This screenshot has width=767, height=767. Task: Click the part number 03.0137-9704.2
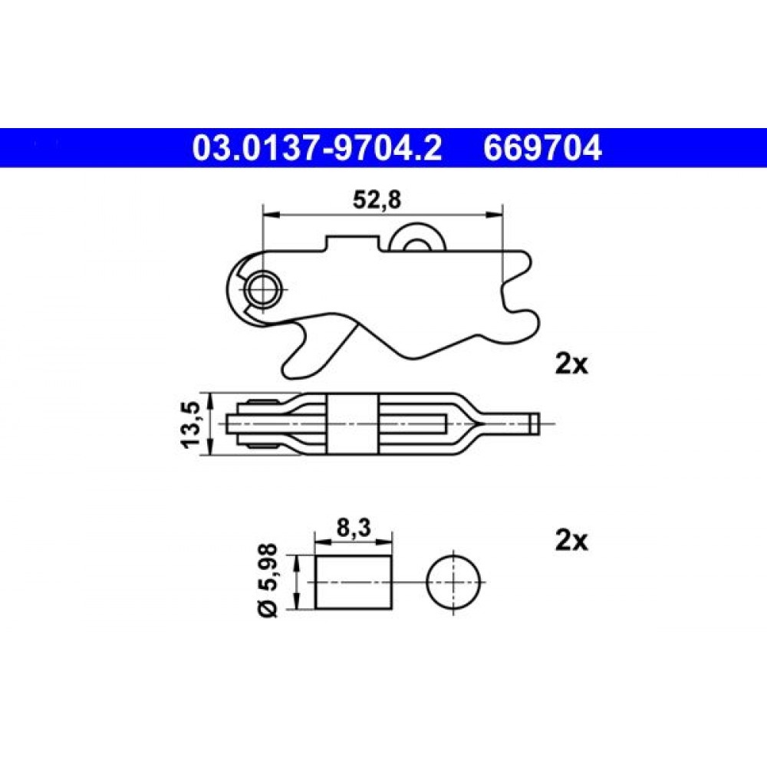point(317,148)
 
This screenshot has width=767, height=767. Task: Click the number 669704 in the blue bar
point(542,148)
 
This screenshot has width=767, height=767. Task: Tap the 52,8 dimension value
point(377,200)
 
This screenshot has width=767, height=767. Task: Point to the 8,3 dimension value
point(353,528)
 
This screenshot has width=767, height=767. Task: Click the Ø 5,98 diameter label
point(267,580)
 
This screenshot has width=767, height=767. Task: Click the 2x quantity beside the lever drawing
point(571,364)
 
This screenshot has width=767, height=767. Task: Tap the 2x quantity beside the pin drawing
point(571,541)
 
